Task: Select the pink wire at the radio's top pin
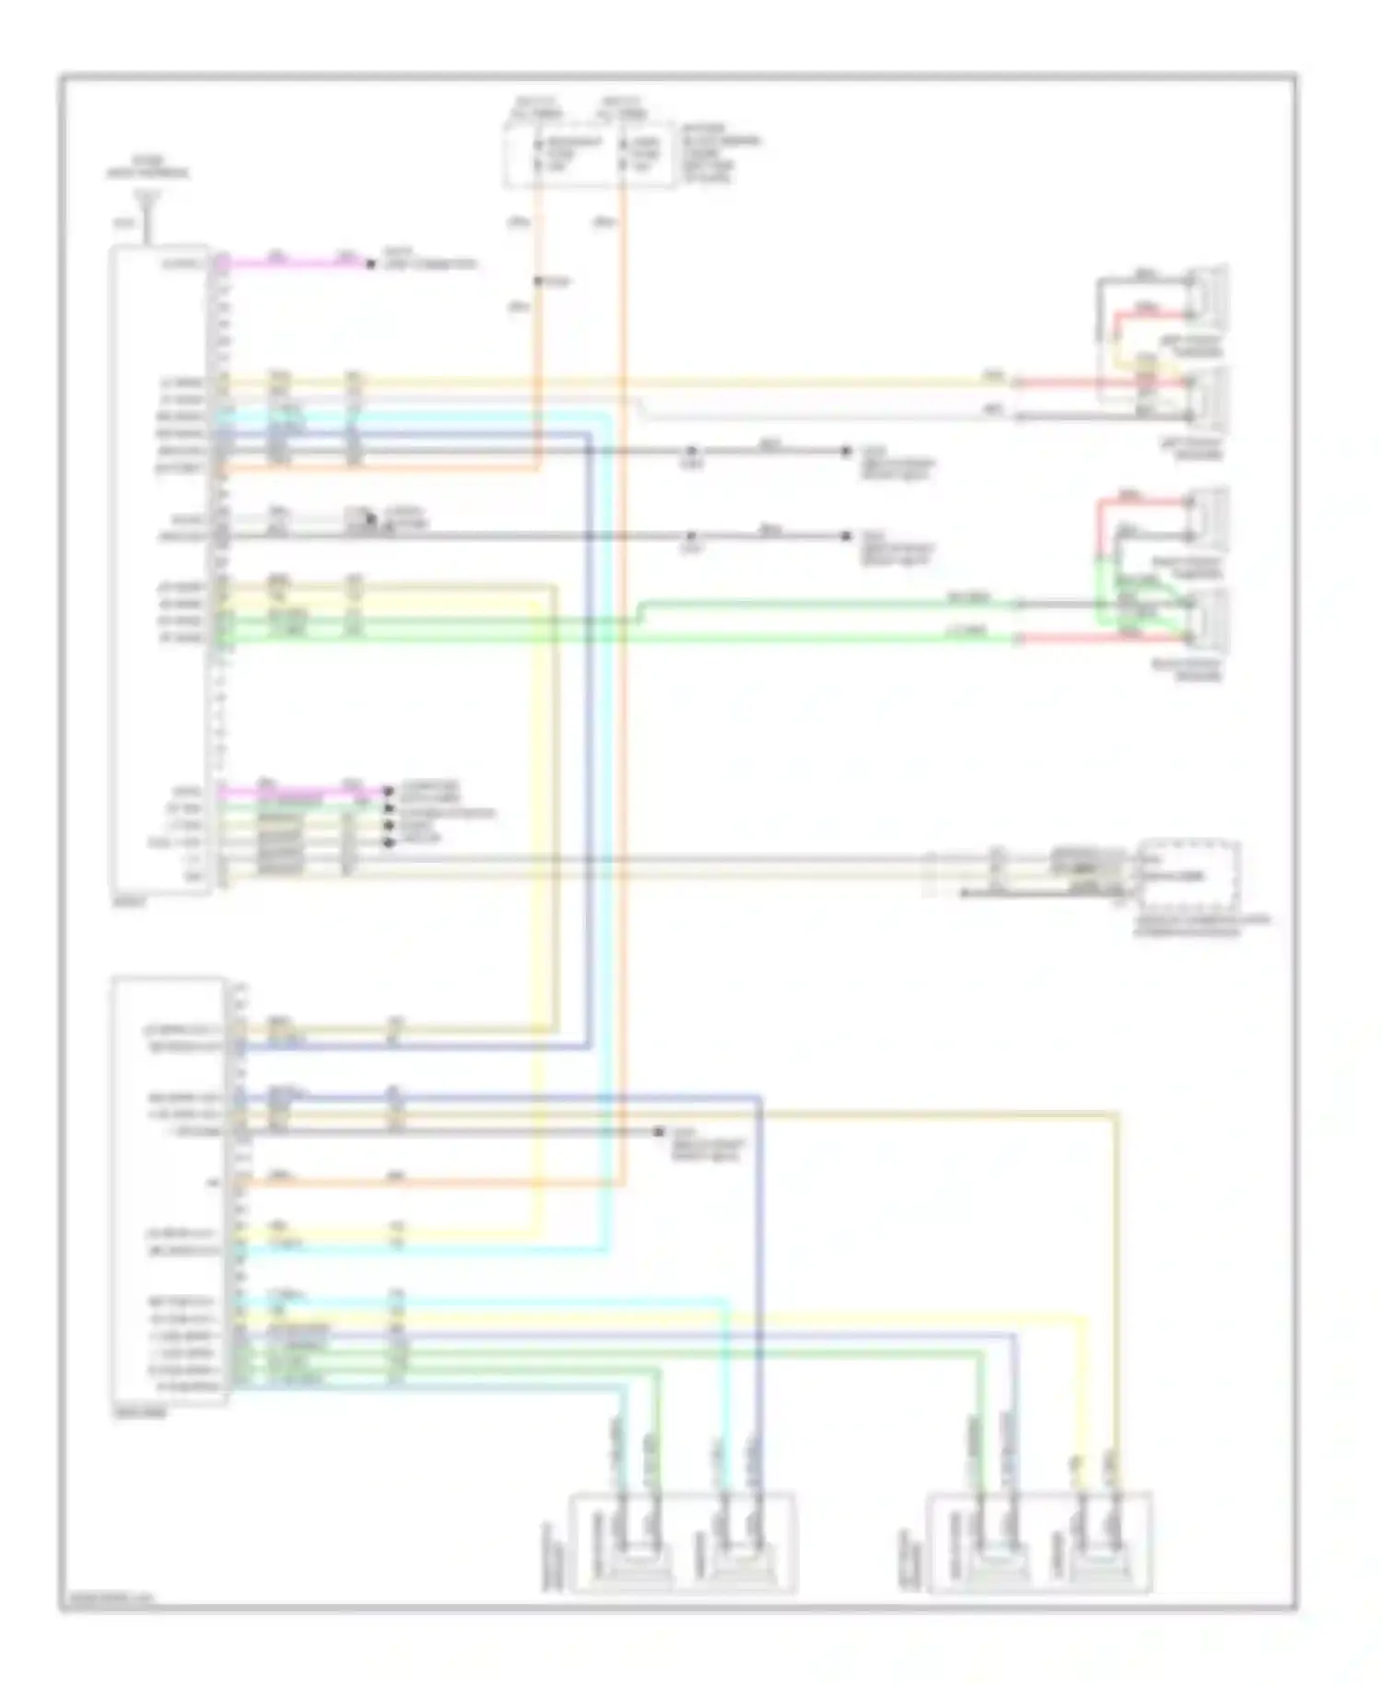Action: point(295,264)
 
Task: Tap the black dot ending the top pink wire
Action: point(370,265)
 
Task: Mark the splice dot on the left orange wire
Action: point(538,281)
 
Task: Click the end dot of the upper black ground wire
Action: point(846,451)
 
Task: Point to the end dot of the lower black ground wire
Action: point(846,536)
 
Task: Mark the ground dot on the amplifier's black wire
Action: point(659,1131)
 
